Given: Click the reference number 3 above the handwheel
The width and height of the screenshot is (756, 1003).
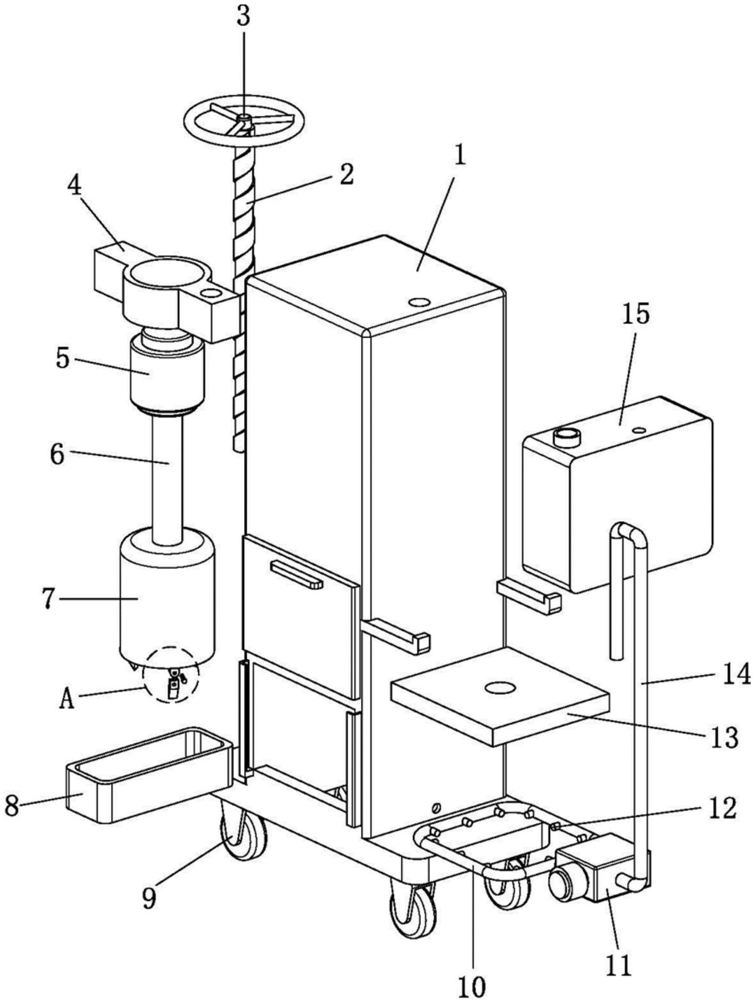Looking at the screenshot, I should tap(243, 18).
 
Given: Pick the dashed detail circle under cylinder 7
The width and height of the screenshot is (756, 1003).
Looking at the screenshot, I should tap(171, 675).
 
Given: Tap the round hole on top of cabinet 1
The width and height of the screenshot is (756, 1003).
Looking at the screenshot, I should tap(419, 302).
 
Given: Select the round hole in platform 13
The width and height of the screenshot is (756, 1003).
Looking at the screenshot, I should tap(500, 688).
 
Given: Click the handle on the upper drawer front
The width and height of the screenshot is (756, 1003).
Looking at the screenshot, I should tap(297, 575).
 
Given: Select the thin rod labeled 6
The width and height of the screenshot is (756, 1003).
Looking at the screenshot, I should tap(167, 479).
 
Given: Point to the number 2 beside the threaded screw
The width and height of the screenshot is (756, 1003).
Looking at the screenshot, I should tap(346, 175).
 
